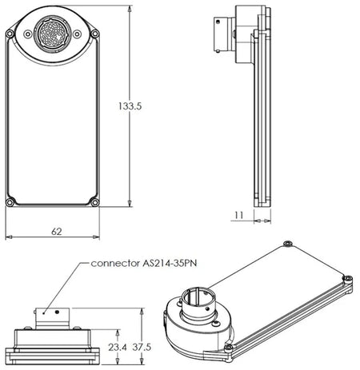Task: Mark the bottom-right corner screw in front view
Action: click(95, 202)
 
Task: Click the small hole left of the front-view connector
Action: click(22, 33)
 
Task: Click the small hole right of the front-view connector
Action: click(86, 33)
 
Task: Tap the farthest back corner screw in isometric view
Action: click(286, 243)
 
